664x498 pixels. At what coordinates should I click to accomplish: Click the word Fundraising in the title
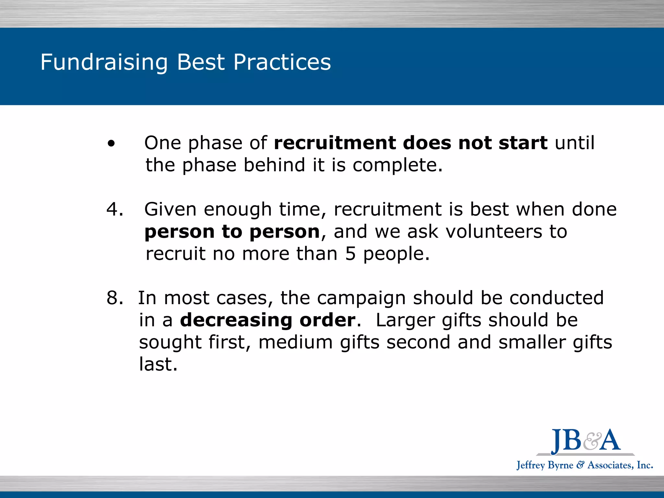click(x=104, y=62)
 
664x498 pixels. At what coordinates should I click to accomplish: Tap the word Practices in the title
click(x=282, y=62)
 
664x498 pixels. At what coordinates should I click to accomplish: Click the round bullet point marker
click(x=111, y=144)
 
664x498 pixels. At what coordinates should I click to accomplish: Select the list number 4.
click(x=114, y=209)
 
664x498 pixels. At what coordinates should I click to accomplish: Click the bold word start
click(x=523, y=143)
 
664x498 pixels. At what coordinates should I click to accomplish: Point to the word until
click(x=575, y=143)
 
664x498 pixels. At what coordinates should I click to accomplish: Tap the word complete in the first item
click(x=397, y=165)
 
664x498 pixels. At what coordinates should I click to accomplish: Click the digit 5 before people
click(x=350, y=254)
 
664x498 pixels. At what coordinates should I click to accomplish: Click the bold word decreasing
click(x=236, y=320)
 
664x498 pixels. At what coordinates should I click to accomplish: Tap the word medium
click(x=295, y=342)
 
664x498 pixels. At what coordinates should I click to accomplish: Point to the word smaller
click(x=532, y=342)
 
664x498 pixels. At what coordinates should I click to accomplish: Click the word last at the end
click(x=158, y=364)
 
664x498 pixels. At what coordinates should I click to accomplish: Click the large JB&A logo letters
click(x=586, y=440)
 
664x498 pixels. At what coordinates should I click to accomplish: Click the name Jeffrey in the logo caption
click(x=530, y=465)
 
